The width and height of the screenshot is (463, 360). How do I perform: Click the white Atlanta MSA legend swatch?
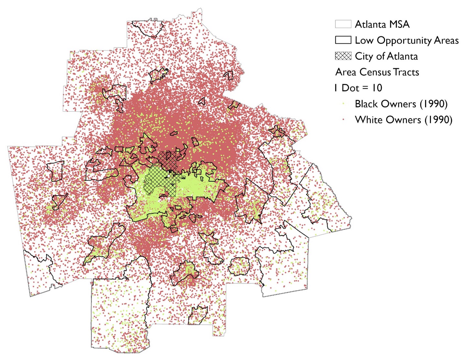click(x=343, y=24)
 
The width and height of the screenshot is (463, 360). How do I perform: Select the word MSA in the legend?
click(x=399, y=24)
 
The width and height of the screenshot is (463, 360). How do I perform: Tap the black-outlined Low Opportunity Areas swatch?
click(x=343, y=40)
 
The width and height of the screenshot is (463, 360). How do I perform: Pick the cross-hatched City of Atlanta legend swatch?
click(x=343, y=56)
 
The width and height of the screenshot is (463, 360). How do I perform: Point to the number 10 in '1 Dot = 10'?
click(x=377, y=88)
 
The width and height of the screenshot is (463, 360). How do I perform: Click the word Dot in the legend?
click(x=350, y=88)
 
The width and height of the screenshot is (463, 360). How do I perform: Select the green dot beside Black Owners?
click(x=343, y=104)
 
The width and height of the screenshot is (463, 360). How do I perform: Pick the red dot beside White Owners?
click(x=343, y=119)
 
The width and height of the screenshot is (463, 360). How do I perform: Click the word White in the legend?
click(x=368, y=119)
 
